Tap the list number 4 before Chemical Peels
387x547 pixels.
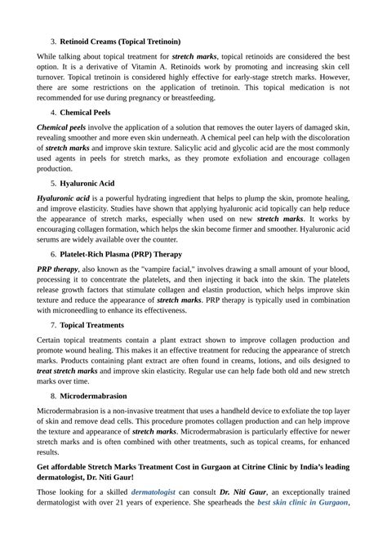pos(52,112)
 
